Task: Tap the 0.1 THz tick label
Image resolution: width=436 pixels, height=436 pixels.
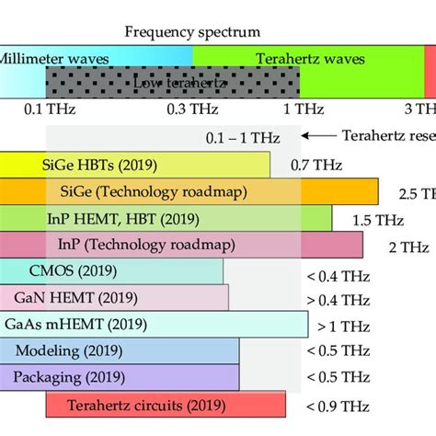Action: [x=46, y=109]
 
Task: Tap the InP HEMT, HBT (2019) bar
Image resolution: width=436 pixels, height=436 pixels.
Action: [x=166, y=219]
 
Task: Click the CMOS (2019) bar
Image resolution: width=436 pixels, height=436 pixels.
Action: [x=111, y=272]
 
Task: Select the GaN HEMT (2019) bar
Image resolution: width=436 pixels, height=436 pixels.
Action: [x=114, y=299]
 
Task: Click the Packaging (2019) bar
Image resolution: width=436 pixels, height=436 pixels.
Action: [x=120, y=377]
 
